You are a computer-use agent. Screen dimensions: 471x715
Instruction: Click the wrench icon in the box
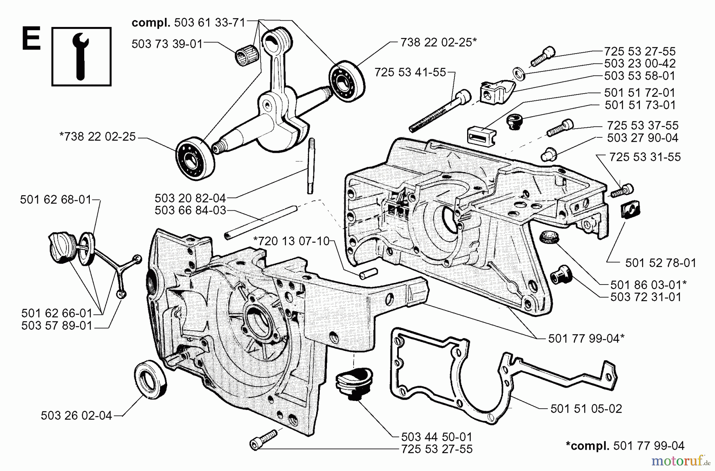coord(81,56)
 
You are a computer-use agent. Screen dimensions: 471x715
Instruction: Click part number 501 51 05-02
coord(586,409)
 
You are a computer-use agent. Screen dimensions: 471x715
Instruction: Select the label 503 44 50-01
coord(437,437)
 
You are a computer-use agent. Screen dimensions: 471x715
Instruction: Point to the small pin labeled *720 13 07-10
coord(368,273)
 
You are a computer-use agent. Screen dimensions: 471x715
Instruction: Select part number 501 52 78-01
coord(661,263)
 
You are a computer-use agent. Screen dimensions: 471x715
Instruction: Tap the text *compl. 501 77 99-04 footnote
coord(625,446)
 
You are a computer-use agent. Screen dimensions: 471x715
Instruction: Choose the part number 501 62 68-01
coord(56,200)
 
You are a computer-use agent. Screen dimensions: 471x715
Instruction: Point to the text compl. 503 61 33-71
coord(188,23)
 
